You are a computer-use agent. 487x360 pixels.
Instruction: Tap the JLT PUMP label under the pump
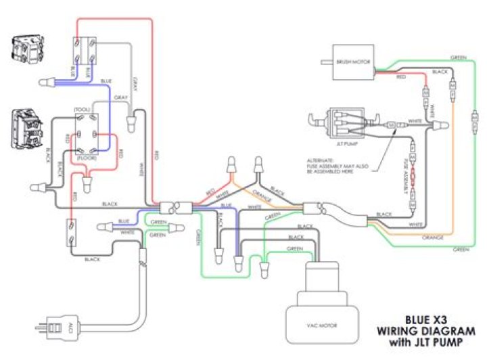point(346,144)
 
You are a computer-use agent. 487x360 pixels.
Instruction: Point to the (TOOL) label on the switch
point(82,108)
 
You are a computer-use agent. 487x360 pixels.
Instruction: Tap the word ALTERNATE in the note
point(321,160)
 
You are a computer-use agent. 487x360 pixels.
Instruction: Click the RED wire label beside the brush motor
point(401,78)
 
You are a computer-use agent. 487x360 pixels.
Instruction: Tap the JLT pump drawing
point(345,122)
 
